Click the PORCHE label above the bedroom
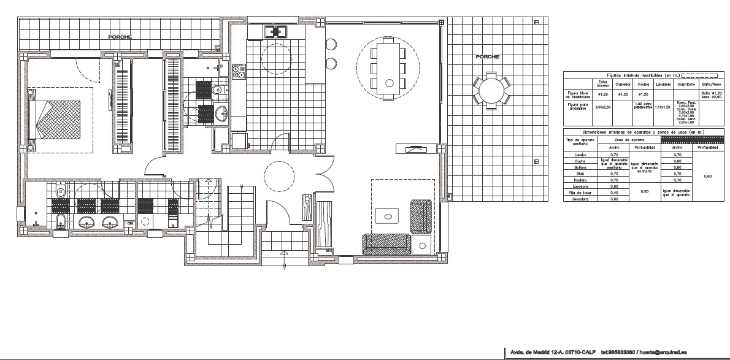click(x=119, y=37)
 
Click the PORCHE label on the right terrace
click(x=487, y=56)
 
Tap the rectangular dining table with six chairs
click(x=388, y=67)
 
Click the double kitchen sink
click(x=276, y=31)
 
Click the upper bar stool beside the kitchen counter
click(x=331, y=44)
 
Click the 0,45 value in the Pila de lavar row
click(x=615, y=193)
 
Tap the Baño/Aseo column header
click(x=712, y=84)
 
